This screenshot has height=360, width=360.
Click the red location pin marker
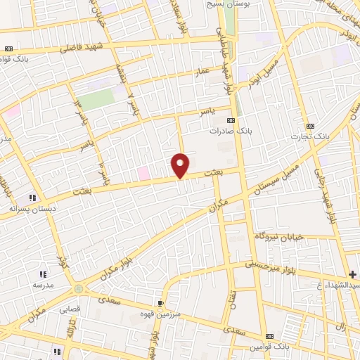(x=181, y=165)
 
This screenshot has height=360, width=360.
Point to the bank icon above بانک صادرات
(x=231, y=120)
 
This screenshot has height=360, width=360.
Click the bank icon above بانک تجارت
(x=310, y=123)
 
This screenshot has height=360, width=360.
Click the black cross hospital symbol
(x=352, y=274)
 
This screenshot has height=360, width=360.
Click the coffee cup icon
(x=161, y=303)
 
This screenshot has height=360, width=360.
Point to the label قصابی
(x=70, y=308)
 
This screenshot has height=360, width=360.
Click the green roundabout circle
(x=78, y=288)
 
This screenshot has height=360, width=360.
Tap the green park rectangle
(x=98, y=99)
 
